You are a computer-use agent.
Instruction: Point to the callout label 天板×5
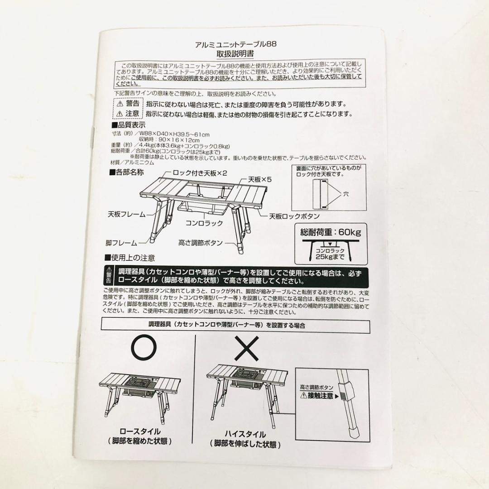click(x=260, y=179)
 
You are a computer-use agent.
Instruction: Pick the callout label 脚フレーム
click(x=121, y=243)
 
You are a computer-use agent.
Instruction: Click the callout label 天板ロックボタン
click(x=294, y=216)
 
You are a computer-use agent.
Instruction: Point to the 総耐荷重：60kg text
click(x=331, y=233)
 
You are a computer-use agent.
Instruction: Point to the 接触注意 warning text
click(x=321, y=395)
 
